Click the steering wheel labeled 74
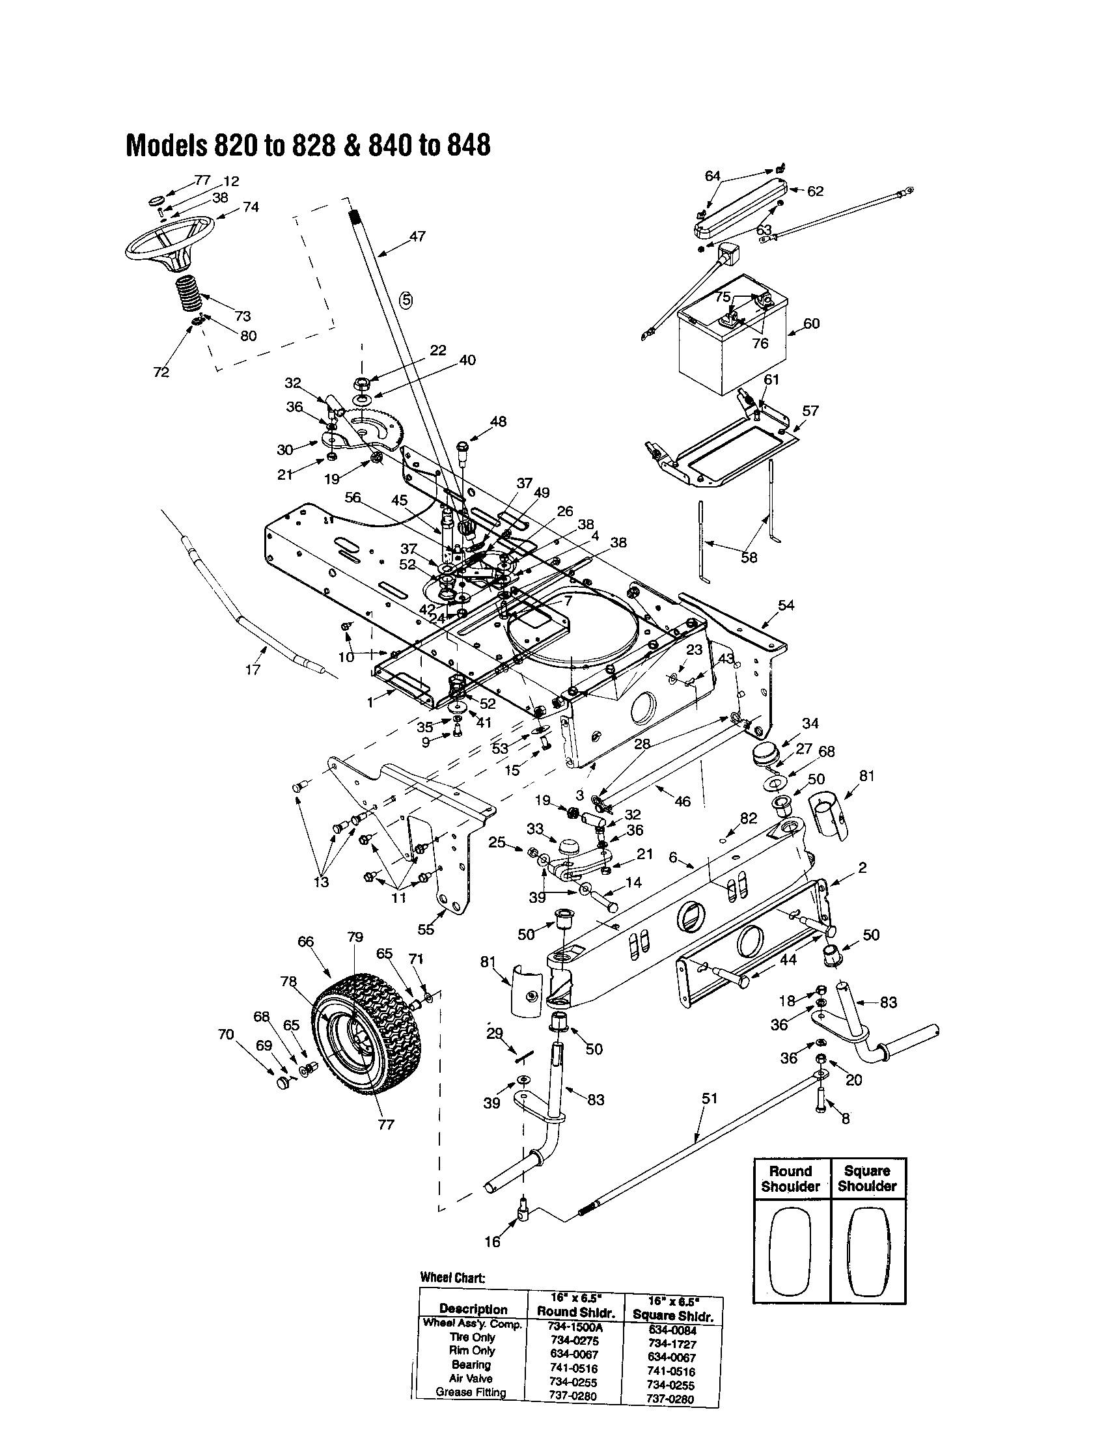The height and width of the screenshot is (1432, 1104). coord(169,243)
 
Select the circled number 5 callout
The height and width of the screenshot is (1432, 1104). coord(406,300)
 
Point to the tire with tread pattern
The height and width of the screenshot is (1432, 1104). coord(365,1035)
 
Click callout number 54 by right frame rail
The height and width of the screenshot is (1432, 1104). coord(786,605)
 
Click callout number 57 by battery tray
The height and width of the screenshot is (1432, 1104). coord(810,411)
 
